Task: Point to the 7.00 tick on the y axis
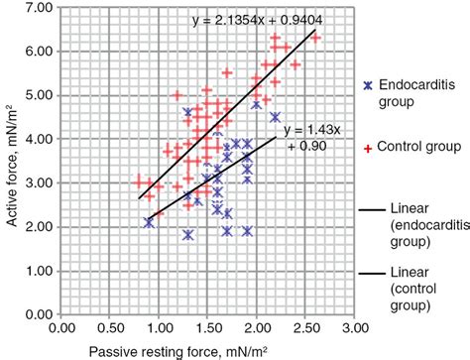[x=39, y=9]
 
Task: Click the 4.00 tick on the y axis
[x=39, y=140]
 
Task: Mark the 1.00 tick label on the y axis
[x=39, y=271]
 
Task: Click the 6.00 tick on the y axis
[x=39, y=53]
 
